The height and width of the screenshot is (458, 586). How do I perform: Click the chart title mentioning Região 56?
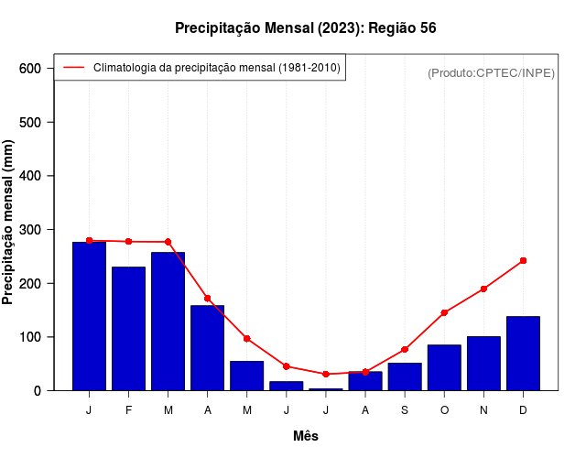305,28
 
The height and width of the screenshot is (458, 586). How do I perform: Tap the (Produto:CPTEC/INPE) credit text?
491,72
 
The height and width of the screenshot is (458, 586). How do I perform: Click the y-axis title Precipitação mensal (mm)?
9,222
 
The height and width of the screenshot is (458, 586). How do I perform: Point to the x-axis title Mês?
305,436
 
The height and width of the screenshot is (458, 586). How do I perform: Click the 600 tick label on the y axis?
30,69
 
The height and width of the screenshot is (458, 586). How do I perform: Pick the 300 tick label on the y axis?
30,230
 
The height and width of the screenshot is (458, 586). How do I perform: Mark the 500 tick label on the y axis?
30,122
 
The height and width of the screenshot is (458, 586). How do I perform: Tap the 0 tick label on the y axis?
38,391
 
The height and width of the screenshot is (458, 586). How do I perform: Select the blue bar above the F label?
128,329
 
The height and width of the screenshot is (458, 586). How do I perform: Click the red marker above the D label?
523,261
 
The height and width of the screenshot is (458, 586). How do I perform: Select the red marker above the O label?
444,312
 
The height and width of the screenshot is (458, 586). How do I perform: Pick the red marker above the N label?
483,289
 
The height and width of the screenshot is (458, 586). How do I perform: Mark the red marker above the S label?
405,350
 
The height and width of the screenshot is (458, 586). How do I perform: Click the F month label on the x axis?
128,410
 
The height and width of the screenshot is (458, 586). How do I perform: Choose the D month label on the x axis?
523,410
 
